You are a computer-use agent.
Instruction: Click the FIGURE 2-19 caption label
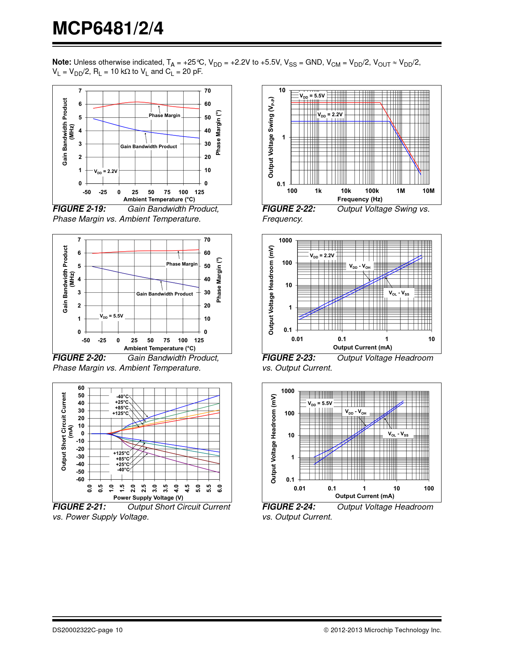click(79, 209)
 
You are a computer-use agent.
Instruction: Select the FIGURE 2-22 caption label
click(289, 209)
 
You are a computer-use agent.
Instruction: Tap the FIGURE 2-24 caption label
click(289, 507)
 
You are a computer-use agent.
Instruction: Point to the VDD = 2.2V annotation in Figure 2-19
click(106, 171)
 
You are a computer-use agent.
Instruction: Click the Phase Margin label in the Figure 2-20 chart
click(182, 264)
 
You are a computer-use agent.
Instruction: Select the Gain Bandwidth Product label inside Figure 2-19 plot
click(149, 147)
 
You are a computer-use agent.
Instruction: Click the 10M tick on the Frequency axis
click(428, 191)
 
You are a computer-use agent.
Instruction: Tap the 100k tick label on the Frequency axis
click(372, 191)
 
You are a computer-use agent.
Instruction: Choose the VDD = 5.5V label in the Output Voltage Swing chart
click(312, 96)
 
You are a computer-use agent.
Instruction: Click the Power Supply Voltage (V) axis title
click(148, 498)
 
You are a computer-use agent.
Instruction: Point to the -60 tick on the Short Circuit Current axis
click(81, 479)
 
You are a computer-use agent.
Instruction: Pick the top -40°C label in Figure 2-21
click(123, 397)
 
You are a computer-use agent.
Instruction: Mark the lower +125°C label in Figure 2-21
click(121, 453)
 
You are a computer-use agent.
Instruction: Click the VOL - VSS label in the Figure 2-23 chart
click(399, 293)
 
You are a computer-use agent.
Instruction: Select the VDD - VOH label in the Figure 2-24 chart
click(356, 412)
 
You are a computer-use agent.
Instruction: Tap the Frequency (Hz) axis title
click(360, 199)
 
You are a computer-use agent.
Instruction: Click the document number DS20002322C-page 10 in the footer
click(87, 630)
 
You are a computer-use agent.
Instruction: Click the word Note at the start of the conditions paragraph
click(61, 62)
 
